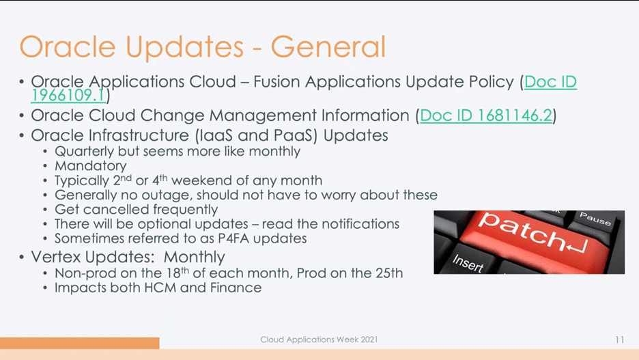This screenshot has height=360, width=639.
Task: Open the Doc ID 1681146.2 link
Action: [x=486, y=115]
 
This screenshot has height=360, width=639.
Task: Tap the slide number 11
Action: [x=619, y=340]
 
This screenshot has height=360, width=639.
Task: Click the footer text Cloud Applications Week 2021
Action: [x=319, y=340]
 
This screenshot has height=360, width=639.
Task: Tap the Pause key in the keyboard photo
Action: [x=595, y=219]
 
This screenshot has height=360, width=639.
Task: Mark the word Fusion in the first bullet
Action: [x=278, y=82]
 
